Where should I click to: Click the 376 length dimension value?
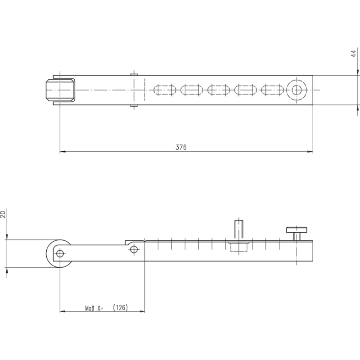pyautogui.click(x=181, y=147)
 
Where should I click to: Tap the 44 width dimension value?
pyautogui.click(x=354, y=54)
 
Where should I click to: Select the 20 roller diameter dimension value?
pyautogui.click(x=3, y=214)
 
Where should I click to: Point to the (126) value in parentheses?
pyautogui.click(x=121, y=308)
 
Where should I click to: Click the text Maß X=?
pyautogui.click(x=94, y=308)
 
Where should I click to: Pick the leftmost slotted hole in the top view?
pyautogui.click(x=165, y=90)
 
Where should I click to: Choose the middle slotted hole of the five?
pyautogui.click(x=219, y=90)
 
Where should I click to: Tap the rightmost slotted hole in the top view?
pyautogui.click(x=273, y=90)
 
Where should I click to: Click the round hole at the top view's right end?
pyautogui.click(x=297, y=90)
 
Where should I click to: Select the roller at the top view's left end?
pyautogui.click(x=60, y=90)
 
